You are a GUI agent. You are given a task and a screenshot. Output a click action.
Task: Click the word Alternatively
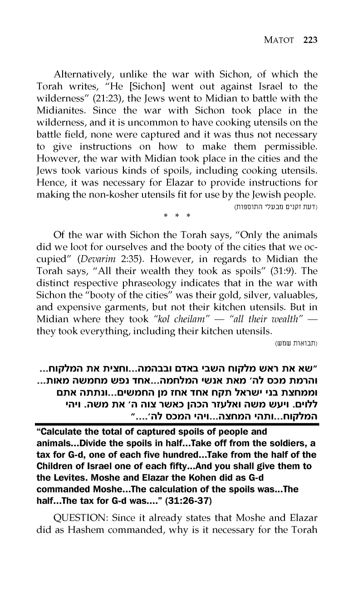(82, 74)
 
